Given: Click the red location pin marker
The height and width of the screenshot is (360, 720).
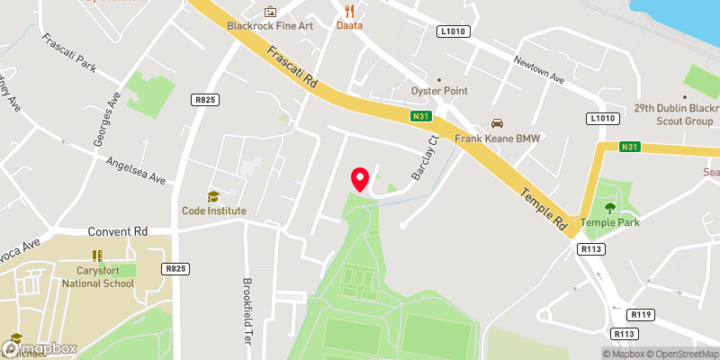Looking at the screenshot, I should (360, 179).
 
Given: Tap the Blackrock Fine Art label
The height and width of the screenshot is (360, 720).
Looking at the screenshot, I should (270, 25).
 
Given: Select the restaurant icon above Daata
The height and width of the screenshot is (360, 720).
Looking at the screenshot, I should (349, 11).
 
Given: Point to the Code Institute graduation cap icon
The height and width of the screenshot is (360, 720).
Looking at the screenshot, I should (213, 196).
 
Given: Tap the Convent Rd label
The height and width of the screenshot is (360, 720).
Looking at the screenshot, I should (117, 230).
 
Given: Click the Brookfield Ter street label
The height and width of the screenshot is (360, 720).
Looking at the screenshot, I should (247, 311).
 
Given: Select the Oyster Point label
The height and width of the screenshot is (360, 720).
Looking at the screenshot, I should (440, 91).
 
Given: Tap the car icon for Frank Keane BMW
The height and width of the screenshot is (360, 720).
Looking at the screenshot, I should (494, 123).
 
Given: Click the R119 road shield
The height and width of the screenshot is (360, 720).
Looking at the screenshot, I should (641, 314).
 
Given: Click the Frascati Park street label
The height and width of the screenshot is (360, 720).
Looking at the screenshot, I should (67, 53).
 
